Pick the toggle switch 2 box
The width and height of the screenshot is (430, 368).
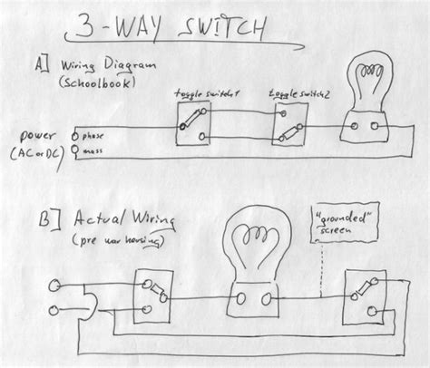287,126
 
